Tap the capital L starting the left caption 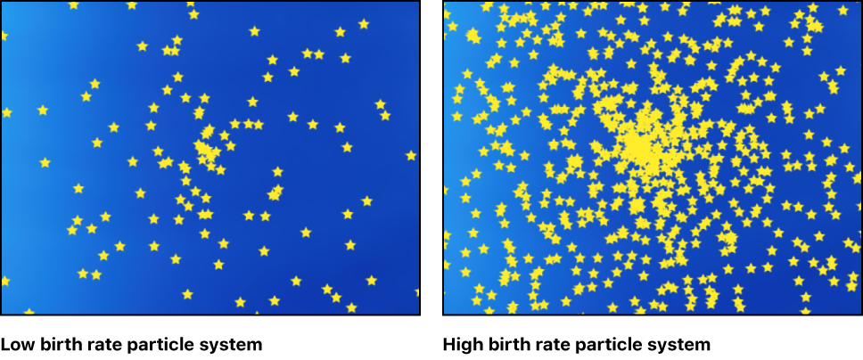pyautogui.click(x=5, y=344)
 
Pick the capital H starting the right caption pyautogui.click(x=448, y=344)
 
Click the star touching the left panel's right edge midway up pyautogui.click(x=411, y=155)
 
